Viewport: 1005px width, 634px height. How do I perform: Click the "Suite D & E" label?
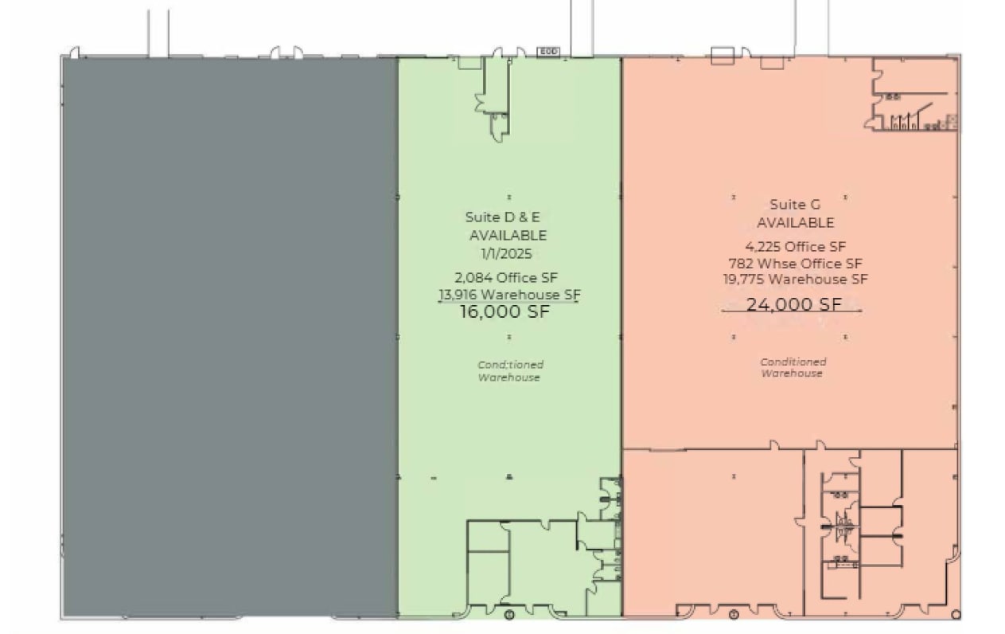click(507, 217)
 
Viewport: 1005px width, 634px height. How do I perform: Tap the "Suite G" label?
click(795, 205)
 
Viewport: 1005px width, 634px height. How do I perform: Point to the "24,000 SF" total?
click(793, 304)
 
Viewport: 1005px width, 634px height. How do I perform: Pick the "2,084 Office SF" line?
click(507, 278)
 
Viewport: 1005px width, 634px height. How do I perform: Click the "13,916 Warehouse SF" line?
click(509, 295)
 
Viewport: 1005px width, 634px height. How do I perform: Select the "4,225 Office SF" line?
click(795, 247)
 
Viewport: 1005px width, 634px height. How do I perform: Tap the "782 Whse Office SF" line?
click(795, 263)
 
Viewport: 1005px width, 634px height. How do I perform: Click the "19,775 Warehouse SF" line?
click(795, 280)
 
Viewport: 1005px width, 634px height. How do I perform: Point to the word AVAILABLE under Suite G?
click(795, 223)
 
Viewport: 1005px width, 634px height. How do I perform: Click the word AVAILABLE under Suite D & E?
click(508, 236)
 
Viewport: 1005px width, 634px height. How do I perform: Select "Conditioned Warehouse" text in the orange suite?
click(793, 367)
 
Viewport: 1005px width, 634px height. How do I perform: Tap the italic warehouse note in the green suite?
click(509, 371)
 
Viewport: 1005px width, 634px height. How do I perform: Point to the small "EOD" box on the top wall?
click(548, 52)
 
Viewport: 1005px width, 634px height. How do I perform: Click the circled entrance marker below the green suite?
click(510, 614)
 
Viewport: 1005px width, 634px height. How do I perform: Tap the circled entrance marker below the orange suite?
click(734, 614)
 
